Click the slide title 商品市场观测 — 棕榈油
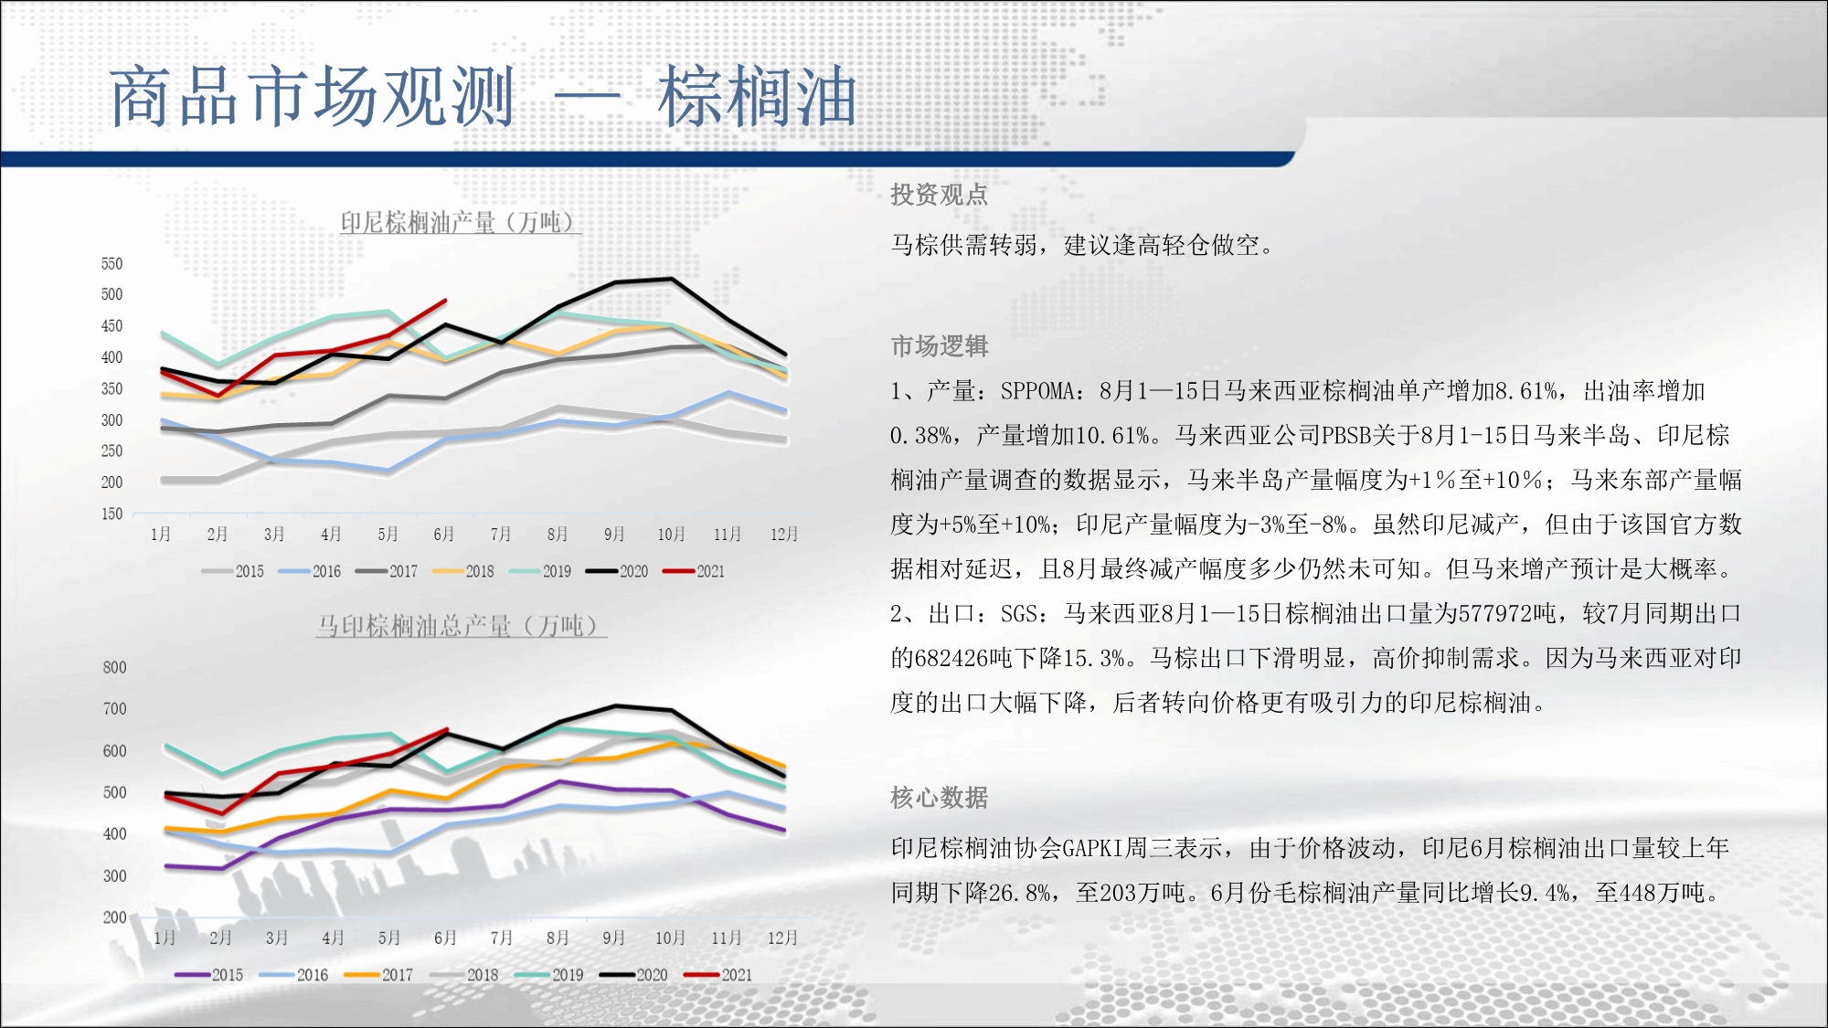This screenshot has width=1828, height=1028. pos(484,97)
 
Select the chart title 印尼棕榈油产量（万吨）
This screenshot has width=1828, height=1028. pos(460,222)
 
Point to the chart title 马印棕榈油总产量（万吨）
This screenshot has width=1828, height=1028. pos(460,626)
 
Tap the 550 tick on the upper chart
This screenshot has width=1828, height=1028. pos(112,264)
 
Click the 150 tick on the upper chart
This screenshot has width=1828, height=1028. pos(112,514)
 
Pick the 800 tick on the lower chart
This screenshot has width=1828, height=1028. pos(114,668)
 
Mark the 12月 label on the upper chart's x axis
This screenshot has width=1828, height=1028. pos(784,535)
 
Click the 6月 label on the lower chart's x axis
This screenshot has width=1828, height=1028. pos(444,938)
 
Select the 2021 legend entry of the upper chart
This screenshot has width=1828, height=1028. pos(694,572)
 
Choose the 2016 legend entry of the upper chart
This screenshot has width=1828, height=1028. pos(310,572)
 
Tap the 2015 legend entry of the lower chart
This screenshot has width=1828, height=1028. pos(209,976)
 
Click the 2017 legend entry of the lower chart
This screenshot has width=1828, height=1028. pos(378,976)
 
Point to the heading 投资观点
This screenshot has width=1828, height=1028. pos(940,195)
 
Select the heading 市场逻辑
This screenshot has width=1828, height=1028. pos(940,346)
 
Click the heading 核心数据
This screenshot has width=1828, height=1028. pos(940,798)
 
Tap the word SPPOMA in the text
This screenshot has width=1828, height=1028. pos(1037,391)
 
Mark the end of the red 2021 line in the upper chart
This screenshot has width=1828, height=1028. pos(445,300)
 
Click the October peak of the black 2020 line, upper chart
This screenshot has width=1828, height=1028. pos(672,279)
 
